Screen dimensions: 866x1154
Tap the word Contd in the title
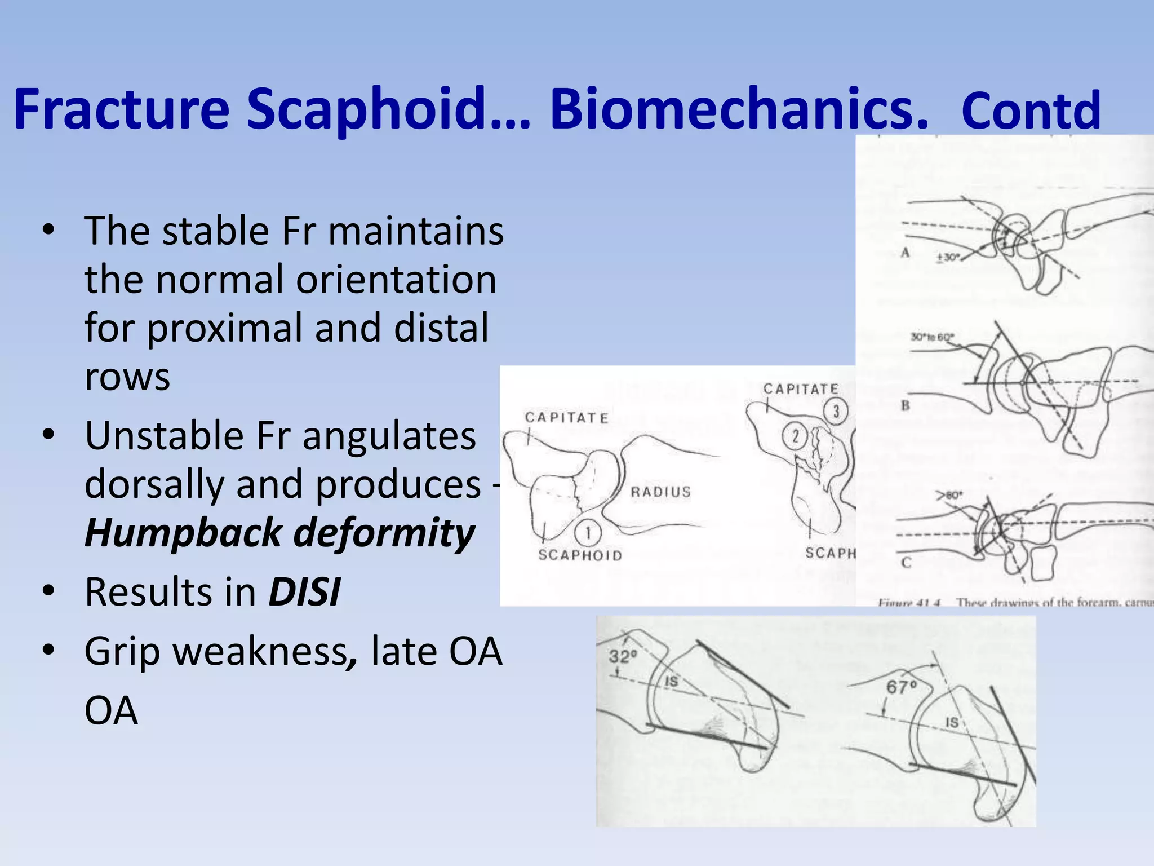coord(1031,111)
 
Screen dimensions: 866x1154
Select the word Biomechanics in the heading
coord(738,110)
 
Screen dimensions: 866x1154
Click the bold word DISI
coord(304,592)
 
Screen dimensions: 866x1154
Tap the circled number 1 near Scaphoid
coord(588,533)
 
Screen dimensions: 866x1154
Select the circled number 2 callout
coord(795,436)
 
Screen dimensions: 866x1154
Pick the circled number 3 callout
coord(836,411)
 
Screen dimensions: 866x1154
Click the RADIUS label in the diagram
coord(660,492)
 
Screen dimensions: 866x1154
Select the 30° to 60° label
coord(933,337)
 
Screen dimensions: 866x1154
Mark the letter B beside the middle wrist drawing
coord(906,405)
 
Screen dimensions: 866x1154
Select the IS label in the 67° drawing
coord(952,722)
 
